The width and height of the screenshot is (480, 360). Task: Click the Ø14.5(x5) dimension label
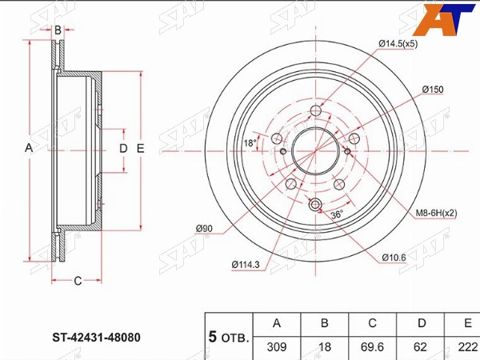pos(398,44)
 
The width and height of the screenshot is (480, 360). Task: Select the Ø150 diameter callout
pos(433,90)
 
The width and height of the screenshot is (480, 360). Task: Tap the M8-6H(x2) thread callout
pos(436,213)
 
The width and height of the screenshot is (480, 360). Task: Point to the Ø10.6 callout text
pos(394,258)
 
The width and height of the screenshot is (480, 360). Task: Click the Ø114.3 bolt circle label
pos(246,265)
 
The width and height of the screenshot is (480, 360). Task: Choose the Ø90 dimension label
pos(204,228)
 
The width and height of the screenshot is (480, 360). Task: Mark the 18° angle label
pos(250,142)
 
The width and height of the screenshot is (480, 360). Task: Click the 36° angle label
pos(337,214)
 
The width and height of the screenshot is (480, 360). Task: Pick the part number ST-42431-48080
pos(96,338)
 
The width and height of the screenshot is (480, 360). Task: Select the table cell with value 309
pos(277,347)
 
